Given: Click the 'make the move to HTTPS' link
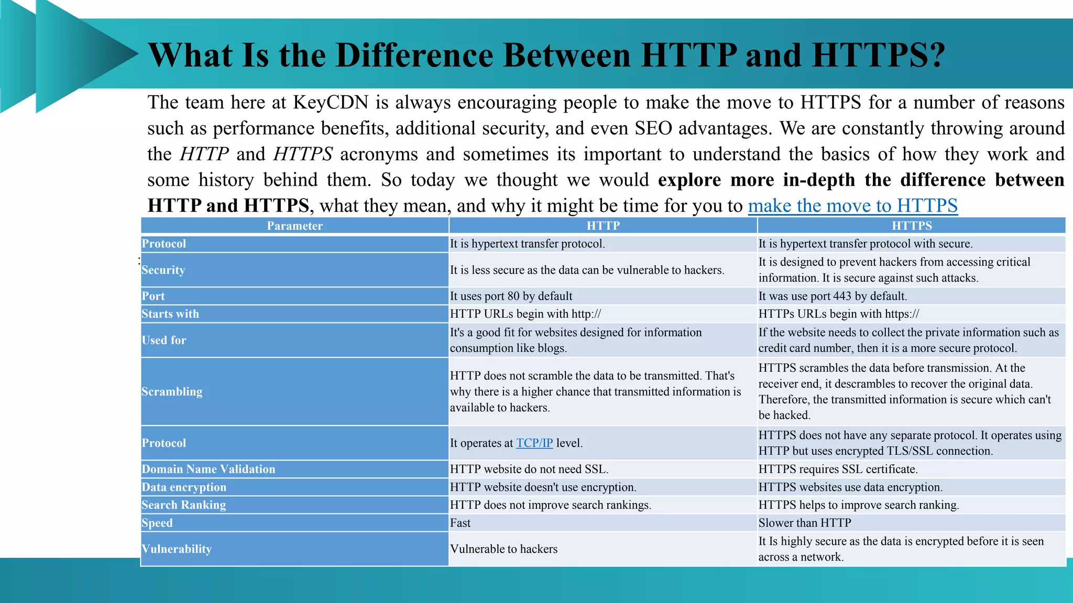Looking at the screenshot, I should (x=852, y=206).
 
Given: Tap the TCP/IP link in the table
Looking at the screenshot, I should (x=534, y=443).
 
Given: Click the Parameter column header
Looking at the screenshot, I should (x=294, y=226).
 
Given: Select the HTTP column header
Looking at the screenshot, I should (x=603, y=226).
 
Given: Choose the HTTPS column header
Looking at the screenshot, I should (x=912, y=226).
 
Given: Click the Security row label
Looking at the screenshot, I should (x=163, y=270).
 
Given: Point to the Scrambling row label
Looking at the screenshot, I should (x=172, y=392).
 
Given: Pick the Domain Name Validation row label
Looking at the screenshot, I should (x=208, y=469).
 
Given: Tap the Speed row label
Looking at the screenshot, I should (x=157, y=523).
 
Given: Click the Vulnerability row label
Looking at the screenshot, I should (x=177, y=549).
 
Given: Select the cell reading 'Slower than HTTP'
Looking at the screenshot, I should (x=804, y=523).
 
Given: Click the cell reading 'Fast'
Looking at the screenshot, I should (x=460, y=523).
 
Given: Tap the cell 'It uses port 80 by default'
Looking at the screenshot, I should (x=511, y=296).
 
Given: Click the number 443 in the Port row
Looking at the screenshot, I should (x=842, y=296).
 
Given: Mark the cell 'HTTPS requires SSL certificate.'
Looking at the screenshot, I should (x=838, y=469).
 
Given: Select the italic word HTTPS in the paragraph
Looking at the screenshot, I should (x=303, y=154).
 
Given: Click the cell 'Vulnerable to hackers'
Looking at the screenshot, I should (x=503, y=549).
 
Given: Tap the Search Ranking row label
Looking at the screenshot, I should (x=183, y=505).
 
